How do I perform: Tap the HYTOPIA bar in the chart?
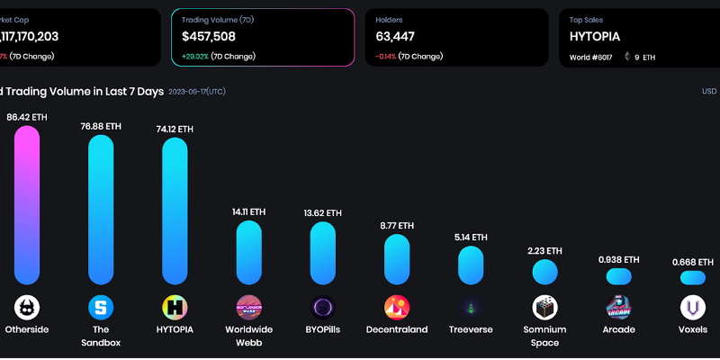(x=175, y=211)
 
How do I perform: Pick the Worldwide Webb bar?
(x=248, y=253)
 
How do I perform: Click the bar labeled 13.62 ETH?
(x=322, y=254)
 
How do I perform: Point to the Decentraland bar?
(x=397, y=260)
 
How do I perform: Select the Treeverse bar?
(x=471, y=265)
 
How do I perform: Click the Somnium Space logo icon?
(x=544, y=308)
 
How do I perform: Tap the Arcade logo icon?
(x=618, y=308)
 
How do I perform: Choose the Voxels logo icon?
(x=692, y=308)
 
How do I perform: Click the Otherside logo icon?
(x=27, y=308)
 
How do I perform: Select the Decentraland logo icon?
(x=397, y=308)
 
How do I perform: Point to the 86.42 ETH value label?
(x=27, y=117)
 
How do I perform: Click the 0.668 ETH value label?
(x=693, y=262)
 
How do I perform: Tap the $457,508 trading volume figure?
(x=209, y=37)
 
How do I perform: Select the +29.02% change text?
(x=195, y=56)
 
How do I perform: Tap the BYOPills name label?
(x=322, y=329)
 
